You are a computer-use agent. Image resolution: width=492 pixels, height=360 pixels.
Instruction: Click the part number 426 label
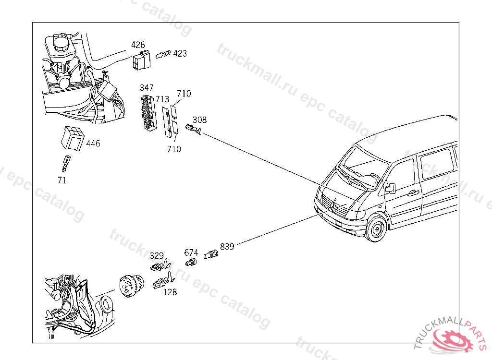pyautogui.click(x=138, y=45)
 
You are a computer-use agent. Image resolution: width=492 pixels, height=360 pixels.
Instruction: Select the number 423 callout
pyautogui.click(x=180, y=53)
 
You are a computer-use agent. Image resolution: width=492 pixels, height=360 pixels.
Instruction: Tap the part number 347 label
pyautogui.click(x=147, y=88)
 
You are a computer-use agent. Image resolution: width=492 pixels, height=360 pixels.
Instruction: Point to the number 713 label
pyautogui.click(x=162, y=99)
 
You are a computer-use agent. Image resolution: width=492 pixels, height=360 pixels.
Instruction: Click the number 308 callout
pyautogui.click(x=199, y=120)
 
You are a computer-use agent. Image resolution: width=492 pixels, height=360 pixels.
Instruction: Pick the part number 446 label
pyautogui.click(x=93, y=144)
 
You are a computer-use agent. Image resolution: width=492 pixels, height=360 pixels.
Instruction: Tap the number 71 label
pyautogui.click(x=61, y=180)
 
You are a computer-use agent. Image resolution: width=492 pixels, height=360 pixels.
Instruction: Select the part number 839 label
pyautogui.click(x=227, y=247)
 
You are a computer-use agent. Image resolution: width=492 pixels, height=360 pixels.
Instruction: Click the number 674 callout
pyautogui.click(x=191, y=252)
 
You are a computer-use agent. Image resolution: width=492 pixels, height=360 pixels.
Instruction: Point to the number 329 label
pyautogui.click(x=157, y=256)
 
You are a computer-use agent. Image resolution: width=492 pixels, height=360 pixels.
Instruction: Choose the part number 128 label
pyautogui.click(x=170, y=292)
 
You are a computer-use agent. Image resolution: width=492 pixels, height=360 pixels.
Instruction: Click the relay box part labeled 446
pyautogui.click(x=71, y=139)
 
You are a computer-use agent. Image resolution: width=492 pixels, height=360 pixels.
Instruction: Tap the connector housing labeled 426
pyautogui.click(x=141, y=61)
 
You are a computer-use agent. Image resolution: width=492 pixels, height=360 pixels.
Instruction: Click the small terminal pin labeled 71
pyautogui.click(x=64, y=163)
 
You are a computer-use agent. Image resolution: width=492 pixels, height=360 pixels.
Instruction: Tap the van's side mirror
pyautogui.click(x=390, y=188)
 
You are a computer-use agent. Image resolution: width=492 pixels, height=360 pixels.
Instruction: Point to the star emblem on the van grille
pyautogui.click(x=332, y=204)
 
